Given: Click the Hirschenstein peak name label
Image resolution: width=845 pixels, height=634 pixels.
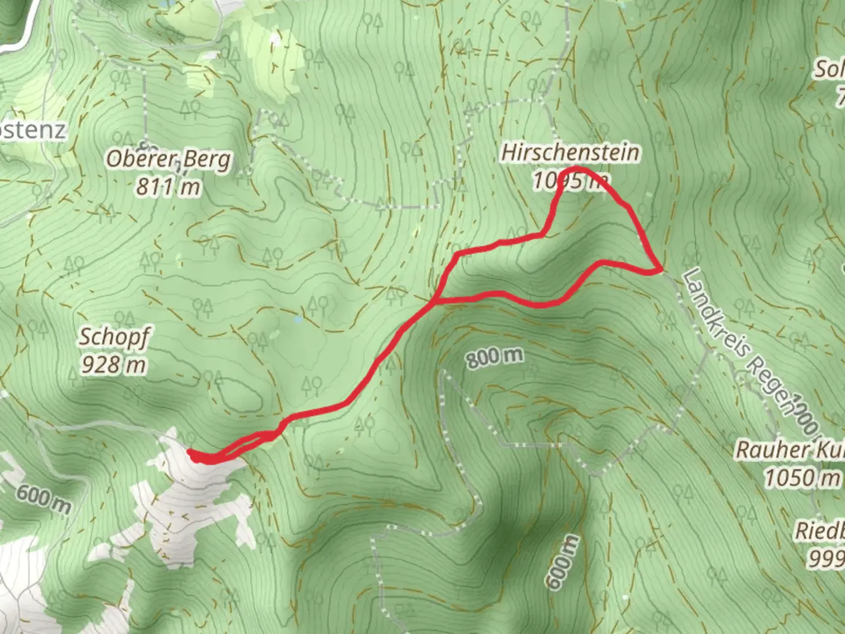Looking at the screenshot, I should pos(570,153).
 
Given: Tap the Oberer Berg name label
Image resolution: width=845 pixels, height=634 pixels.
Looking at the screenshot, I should pos(168,159).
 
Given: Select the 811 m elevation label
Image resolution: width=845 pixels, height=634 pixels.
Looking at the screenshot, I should pos(168,187).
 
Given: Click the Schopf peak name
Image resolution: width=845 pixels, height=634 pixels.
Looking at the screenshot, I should pos(114,337).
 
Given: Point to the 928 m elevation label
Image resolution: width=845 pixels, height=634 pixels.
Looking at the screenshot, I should pos(114,365).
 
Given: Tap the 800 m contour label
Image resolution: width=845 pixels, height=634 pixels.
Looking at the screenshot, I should pos(495,356).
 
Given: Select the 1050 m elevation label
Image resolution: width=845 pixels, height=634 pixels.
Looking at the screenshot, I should pos(802,478).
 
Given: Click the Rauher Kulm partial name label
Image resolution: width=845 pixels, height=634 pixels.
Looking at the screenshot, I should pos(789,450).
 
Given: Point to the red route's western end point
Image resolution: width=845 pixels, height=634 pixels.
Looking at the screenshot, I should pos(190,452).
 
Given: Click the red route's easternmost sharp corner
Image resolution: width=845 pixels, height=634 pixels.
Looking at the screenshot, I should pos(660,271).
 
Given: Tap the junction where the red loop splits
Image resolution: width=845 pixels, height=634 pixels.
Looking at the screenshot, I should pos(435,302).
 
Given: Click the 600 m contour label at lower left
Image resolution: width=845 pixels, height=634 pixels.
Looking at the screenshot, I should pos(43,499).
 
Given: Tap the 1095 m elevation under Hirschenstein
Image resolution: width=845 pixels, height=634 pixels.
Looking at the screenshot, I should pos(569,181).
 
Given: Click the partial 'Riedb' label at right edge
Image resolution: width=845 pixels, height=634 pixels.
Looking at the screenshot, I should pos(820,531).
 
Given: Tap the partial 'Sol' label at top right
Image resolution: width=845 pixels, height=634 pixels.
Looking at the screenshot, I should pos(828,70).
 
